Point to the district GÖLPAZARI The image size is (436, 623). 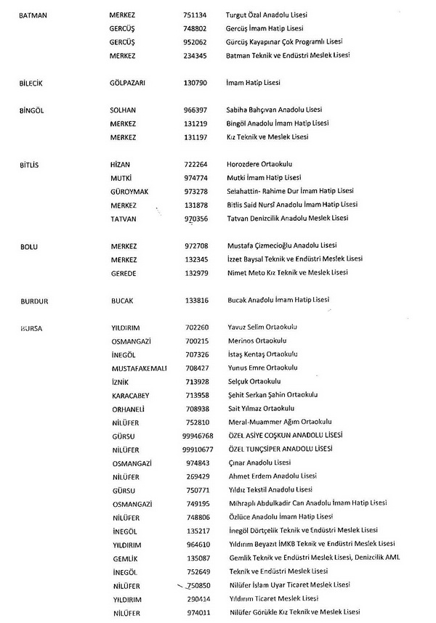[128, 83]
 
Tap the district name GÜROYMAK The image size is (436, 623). [129, 191]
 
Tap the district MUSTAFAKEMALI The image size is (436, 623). [139, 367]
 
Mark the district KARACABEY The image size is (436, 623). [132, 394]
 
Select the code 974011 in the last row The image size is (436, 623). [198, 612]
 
